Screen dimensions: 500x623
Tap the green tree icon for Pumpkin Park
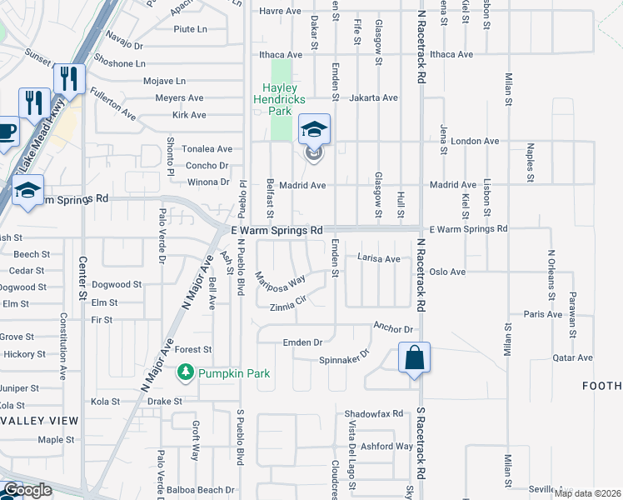[185, 373]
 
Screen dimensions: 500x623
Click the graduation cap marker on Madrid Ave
[314, 131]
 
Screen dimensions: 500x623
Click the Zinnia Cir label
[288, 307]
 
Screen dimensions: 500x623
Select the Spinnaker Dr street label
[343, 360]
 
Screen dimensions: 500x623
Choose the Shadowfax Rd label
[373, 414]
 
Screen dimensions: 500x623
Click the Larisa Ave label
[379, 258]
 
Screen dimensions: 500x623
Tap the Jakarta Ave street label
[374, 97]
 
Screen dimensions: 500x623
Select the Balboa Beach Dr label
[201, 490]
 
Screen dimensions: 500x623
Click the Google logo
[27, 490]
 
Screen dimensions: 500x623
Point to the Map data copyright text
[588, 492]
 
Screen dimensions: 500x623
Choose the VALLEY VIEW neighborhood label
[38, 420]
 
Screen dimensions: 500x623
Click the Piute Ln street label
[190, 29]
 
